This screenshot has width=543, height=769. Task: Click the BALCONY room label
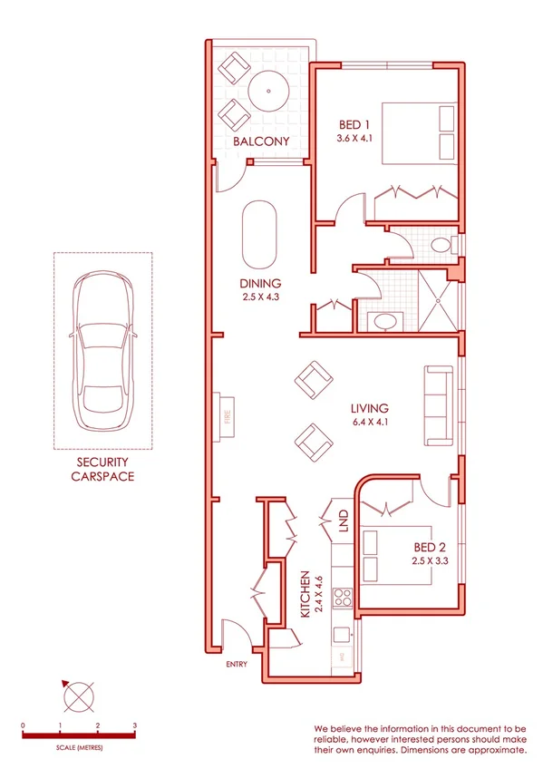[x=260, y=141]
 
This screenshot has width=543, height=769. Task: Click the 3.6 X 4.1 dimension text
[x=354, y=140]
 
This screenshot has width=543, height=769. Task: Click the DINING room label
[x=260, y=283]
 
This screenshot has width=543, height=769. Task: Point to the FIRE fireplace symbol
[x=223, y=418]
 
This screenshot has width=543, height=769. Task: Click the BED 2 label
[x=429, y=547]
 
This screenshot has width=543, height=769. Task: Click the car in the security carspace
[x=102, y=349]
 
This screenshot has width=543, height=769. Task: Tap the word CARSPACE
[x=102, y=476]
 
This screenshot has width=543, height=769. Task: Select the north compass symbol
[x=78, y=696]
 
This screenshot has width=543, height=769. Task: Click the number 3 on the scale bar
[x=134, y=726]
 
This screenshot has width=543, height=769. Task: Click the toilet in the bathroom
[x=441, y=245]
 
